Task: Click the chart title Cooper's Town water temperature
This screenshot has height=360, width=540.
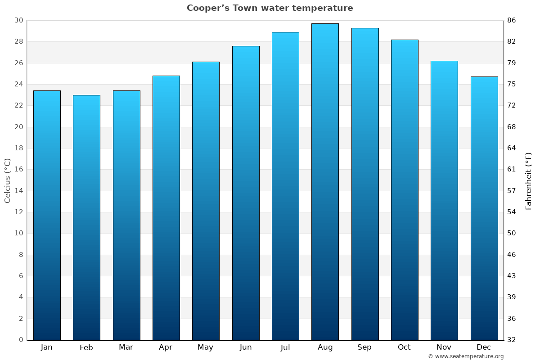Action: coord(270,8)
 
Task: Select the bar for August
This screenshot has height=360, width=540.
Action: coord(325,182)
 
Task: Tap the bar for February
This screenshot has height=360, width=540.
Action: coord(86,217)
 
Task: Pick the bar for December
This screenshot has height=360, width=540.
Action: coord(484,208)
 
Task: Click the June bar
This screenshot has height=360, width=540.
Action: coord(246,193)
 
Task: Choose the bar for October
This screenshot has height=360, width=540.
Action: coord(405,190)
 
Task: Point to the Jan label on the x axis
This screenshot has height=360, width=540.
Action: coord(47,347)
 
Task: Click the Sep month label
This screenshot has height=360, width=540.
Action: coord(364,347)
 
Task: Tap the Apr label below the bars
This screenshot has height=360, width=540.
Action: coord(166,347)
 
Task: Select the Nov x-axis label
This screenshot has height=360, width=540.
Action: coord(444,347)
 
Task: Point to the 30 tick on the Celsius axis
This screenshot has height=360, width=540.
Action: coord(18,20)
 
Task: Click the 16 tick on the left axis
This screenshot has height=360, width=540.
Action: coord(18,170)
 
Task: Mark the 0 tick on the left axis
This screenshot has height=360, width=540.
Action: coord(21,340)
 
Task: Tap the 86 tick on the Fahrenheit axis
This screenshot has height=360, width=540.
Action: coord(512,20)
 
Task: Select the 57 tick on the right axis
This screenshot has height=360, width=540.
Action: coord(512,191)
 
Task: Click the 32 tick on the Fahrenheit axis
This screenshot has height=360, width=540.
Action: coord(512,340)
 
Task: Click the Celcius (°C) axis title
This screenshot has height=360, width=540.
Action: coord(8,180)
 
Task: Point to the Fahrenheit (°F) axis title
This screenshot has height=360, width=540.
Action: coord(529,180)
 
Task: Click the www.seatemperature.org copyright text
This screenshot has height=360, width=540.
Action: coord(466,356)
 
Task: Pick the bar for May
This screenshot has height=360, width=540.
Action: coord(206,201)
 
